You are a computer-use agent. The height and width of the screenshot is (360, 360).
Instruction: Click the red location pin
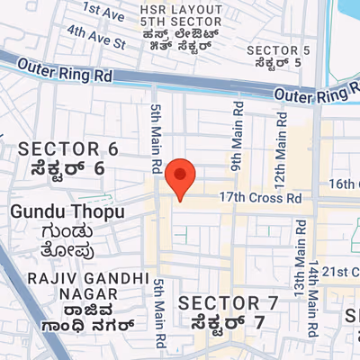(x=181, y=176)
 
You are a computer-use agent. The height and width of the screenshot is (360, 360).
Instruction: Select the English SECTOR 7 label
(x=221, y=301)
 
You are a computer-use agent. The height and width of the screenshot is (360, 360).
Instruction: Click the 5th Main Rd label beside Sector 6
(x=156, y=137)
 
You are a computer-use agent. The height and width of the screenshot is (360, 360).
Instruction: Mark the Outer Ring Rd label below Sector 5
(x=310, y=94)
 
